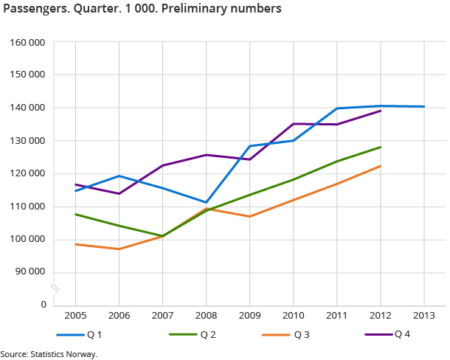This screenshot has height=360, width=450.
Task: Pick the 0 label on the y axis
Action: point(44,305)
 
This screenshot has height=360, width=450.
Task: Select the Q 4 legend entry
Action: point(402,335)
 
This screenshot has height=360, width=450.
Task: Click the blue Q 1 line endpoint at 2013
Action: point(423,106)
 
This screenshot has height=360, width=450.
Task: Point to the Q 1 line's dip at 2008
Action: point(206,202)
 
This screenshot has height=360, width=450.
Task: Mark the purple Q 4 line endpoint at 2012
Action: point(380,111)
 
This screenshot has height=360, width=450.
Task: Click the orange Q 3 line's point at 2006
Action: point(119,249)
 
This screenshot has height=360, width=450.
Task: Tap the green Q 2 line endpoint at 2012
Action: point(380,147)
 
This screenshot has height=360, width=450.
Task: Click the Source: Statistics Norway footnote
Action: point(49,354)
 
